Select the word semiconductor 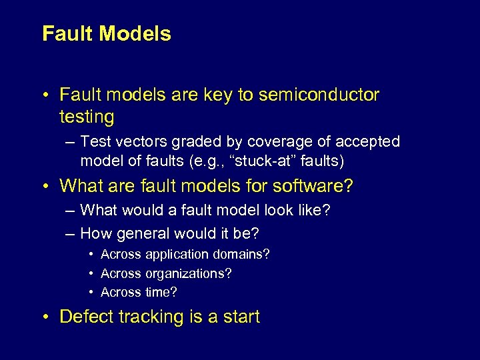tap(319, 95)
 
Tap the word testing tap(87, 117)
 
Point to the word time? tap(161, 292)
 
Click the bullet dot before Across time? tap(91, 293)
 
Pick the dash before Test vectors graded tap(71, 142)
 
